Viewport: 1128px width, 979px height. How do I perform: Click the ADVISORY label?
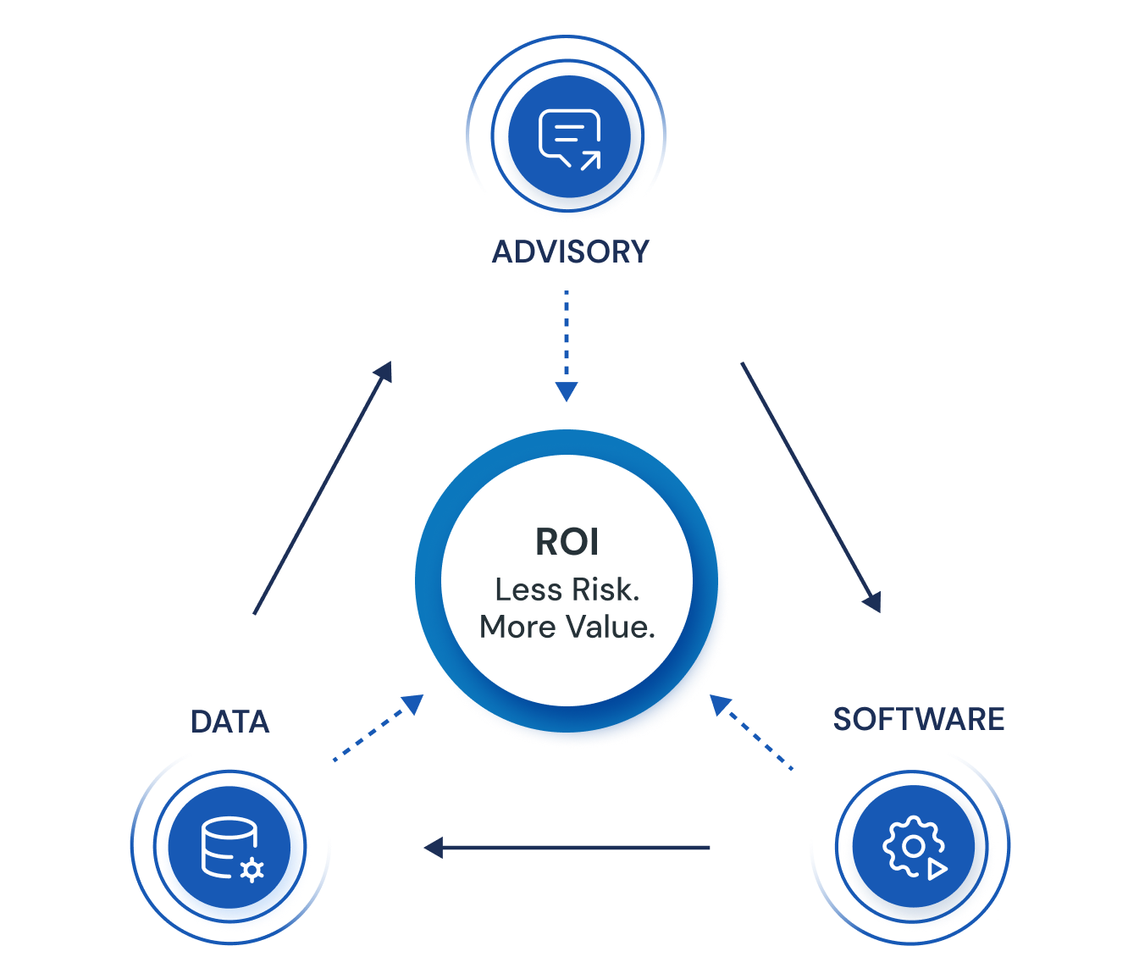[x=570, y=252]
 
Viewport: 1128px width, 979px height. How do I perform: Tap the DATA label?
[x=229, y=722]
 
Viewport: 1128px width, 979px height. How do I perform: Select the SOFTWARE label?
[x=918, y=719]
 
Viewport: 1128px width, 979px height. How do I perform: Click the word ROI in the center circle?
[x=567, y=542]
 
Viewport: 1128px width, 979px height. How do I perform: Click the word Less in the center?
[x=528, y=589]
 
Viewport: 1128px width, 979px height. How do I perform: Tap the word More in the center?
[x=517, y=627]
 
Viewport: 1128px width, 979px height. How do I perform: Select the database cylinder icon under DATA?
[x=226, y=846]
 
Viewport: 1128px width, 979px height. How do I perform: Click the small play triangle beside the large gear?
[x=937, y=869]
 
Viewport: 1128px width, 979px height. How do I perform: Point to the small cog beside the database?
[x=252, y=870]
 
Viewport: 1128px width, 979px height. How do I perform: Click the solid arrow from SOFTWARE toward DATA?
[x=567, y=847]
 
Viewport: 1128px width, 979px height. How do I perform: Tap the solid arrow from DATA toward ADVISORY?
[x=323, y=488]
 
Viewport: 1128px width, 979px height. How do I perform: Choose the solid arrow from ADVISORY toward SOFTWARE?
[x=810, y=486]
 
